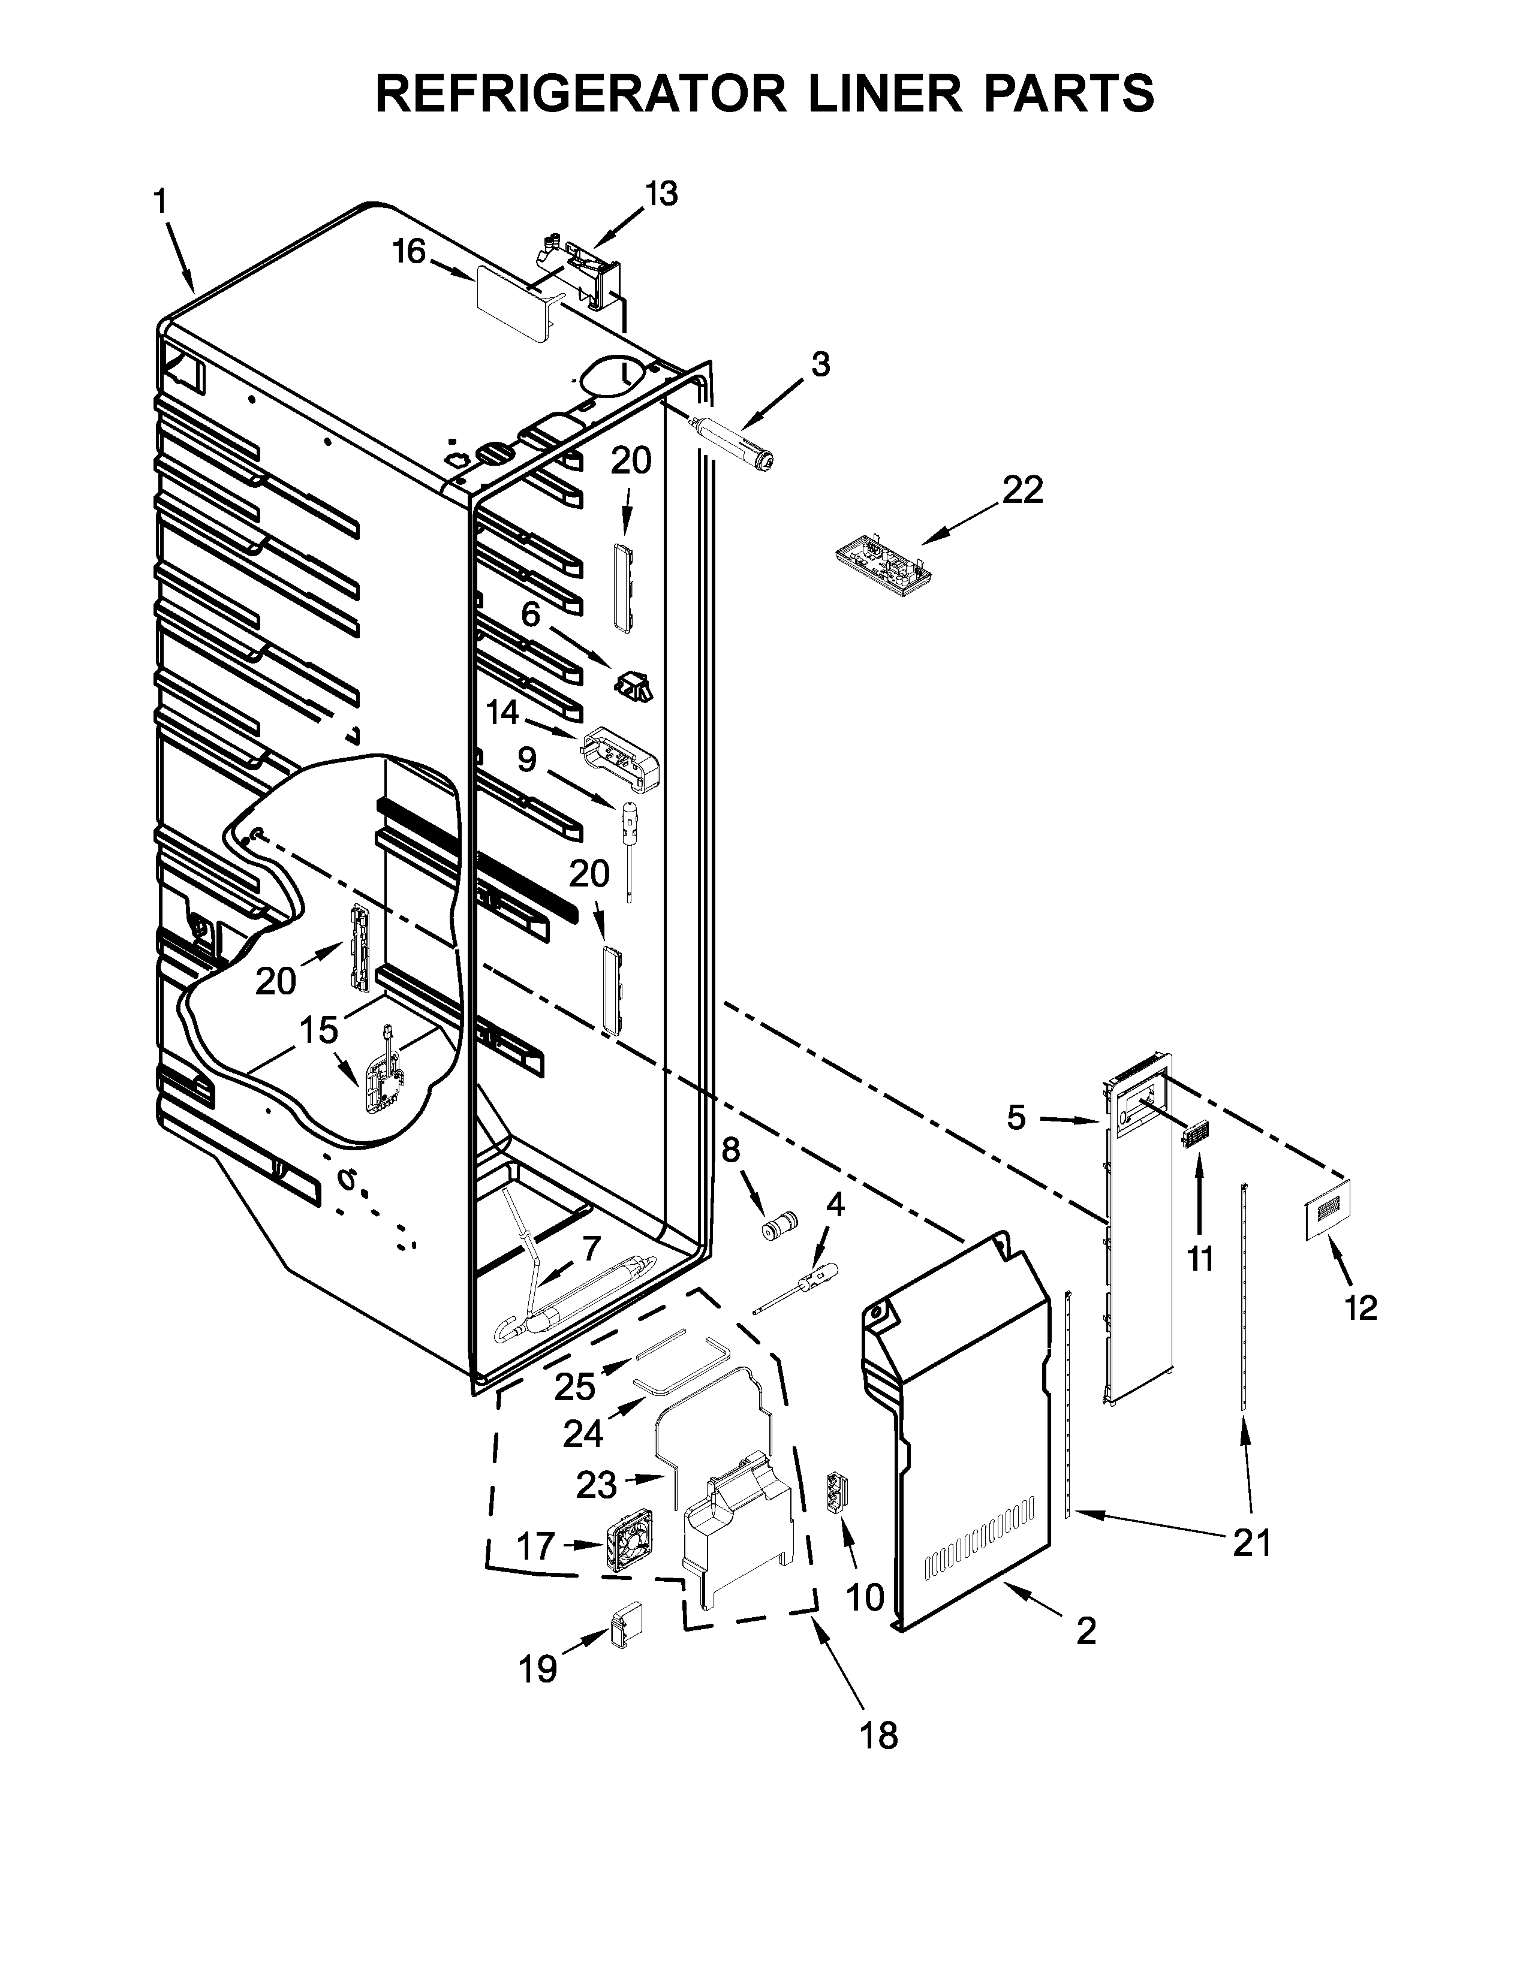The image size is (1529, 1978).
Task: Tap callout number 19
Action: [x=537, y=1668]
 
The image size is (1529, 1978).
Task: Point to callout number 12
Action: [x=1361, y=1307]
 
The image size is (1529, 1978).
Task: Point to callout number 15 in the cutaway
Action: [x=319, y=1030]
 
